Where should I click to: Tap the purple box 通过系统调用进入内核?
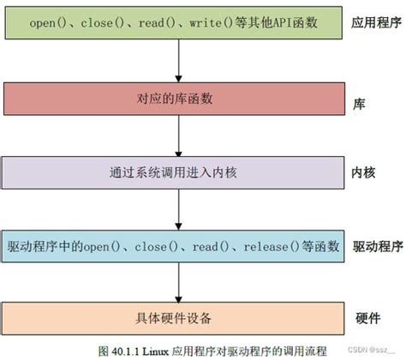(x=176, y=172)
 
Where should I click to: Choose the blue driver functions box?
(x=176, y=247)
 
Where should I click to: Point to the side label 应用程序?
(x=376, y=23)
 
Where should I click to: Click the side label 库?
(x=360, y=100)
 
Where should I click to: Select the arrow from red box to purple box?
(x=177, y=135)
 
